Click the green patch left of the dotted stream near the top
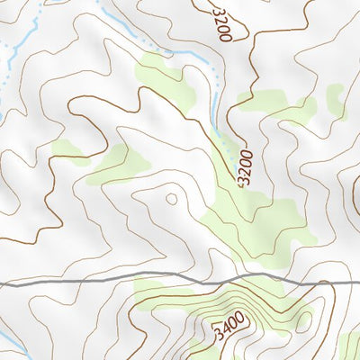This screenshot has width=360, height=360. (x=166, y=76)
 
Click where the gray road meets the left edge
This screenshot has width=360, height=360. (x=2, y=284)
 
